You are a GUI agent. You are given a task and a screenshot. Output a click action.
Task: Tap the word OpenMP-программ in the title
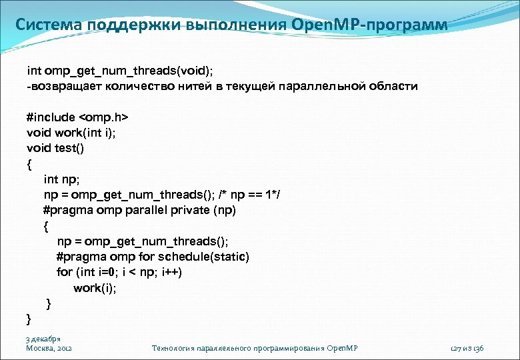(x=369, y=25)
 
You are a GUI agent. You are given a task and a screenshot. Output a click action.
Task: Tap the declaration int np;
(x=61, y=179)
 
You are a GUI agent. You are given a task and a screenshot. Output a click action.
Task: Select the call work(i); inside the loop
(x=94, y=288)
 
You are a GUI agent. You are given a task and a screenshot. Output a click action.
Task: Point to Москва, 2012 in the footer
(x=49, y=348)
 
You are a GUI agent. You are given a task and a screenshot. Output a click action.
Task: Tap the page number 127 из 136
(x=467, y=348)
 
